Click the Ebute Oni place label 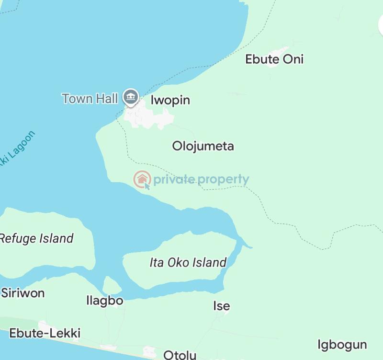point(274,59)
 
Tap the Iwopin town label point(170,100)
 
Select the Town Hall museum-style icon point(130,97)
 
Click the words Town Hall point(90,99)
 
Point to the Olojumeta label point(203,146)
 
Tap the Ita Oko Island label point(188,262)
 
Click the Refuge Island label point(36,238)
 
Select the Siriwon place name point(23,293)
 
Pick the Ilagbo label point(105,301)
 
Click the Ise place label point(221,306)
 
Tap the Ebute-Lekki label point(45,333)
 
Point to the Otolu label point(180,355)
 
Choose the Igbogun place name point(342,345)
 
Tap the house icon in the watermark point(142,179)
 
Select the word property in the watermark point(224,179)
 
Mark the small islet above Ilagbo point(112,286)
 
